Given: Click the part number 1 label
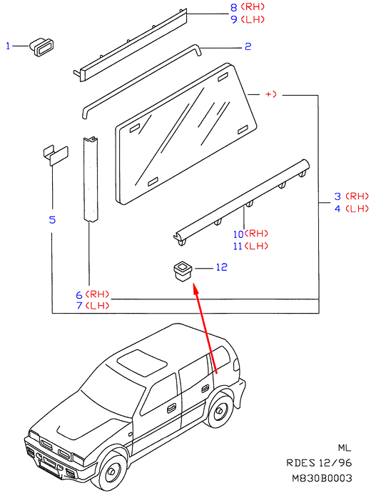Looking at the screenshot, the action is click(8, 46).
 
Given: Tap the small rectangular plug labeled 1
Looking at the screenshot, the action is click(41, 47).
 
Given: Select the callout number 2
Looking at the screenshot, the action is click(248, 46).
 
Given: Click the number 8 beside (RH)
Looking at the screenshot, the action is click(234, 7).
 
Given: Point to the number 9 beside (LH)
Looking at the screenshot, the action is click(234, 19).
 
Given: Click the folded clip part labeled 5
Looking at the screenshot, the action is click(56, 155).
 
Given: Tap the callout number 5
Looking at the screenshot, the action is click(52, 219).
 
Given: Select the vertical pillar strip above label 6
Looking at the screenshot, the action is click(91, 179).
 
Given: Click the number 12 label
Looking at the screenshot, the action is click(222, 267).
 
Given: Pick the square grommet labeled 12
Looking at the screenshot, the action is click(183, 271).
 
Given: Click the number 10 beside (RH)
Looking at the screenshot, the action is click(238, 234).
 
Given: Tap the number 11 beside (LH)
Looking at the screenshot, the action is click(238, 246).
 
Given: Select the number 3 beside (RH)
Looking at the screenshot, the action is click(337, 196).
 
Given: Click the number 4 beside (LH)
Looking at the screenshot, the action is click(337, 209).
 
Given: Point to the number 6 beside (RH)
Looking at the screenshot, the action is click(79, 295).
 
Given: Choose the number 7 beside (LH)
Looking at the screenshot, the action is click(79, 305).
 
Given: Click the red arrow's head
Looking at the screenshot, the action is click(195, 287).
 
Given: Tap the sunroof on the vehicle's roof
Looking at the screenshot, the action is click(142, 363).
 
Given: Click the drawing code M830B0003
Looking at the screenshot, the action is click(322, 478).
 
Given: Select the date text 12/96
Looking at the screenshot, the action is click(335, 463).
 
